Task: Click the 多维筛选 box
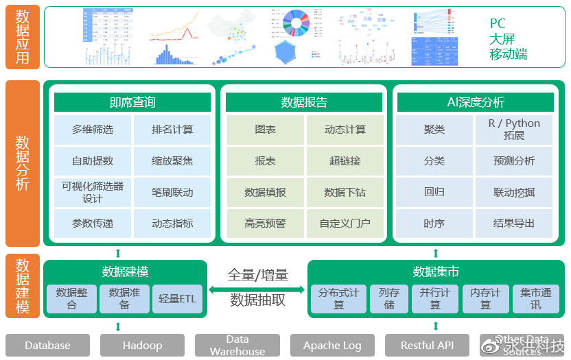93,130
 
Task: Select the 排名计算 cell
172,130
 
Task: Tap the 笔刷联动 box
172,193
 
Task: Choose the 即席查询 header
132,103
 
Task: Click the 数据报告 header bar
304,103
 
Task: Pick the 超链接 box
345,161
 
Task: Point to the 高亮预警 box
265,224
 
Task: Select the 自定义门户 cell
345,224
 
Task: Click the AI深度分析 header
475,103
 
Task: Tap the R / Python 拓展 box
514,130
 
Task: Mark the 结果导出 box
514,224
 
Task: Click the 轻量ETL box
177,299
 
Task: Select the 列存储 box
389,299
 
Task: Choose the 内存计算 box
485,299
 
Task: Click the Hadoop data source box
143,346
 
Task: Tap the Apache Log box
332,346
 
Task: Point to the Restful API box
427,346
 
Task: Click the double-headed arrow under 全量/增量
257,290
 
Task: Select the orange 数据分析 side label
23,163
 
